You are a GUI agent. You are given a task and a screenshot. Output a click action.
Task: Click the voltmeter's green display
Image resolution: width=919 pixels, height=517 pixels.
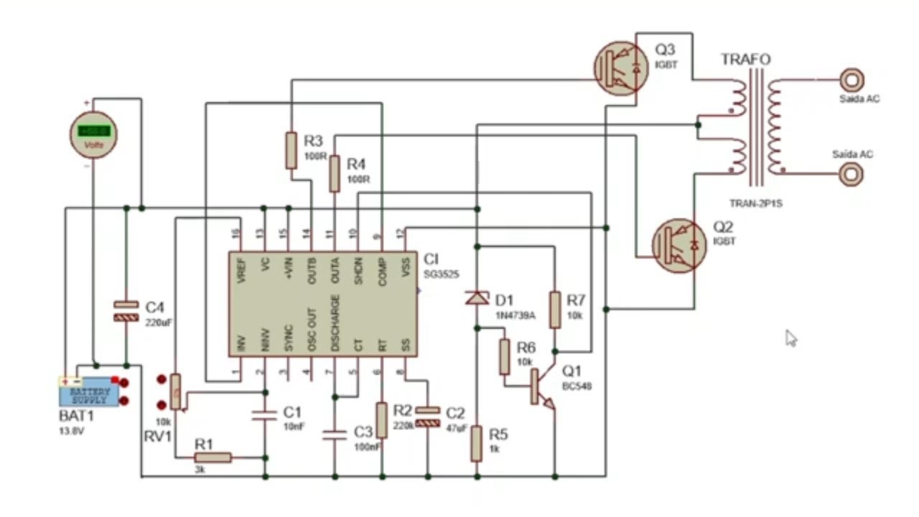(94, 131)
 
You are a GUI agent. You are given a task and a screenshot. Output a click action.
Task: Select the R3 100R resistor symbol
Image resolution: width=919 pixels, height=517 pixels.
(291, 150)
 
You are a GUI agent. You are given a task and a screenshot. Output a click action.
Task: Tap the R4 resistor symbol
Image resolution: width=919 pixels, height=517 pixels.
(334, 174)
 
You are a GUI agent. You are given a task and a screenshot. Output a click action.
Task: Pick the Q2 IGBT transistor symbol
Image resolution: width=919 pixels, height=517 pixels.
(678, 245)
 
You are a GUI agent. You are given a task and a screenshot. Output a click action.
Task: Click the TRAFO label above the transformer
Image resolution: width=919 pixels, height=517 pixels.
(745, 60)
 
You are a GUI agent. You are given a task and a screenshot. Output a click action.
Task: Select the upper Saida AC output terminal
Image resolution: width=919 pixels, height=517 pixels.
(852, 78)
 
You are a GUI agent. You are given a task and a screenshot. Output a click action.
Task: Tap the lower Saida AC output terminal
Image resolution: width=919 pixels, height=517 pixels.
(852, 173)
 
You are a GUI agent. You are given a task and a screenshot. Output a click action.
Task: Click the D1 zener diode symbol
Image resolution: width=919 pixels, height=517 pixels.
(477, 297)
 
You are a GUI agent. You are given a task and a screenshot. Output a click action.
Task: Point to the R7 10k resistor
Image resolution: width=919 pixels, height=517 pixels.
(555, 309)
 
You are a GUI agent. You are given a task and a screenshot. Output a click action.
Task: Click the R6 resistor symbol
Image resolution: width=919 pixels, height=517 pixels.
(504, 357)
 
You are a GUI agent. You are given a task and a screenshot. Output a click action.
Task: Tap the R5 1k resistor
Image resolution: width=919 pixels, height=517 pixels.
(477, 443)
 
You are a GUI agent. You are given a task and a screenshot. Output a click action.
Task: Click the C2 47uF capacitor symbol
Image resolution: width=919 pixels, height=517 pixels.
(428, 416)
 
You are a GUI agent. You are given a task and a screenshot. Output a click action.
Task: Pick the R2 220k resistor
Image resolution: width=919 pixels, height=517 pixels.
(381, 420)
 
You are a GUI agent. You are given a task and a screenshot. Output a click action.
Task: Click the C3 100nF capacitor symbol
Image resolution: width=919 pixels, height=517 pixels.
(335, 434)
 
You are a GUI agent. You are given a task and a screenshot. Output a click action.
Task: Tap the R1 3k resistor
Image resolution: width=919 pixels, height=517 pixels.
(213, 457)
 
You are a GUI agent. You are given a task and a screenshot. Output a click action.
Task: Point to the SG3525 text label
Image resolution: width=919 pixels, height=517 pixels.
(441, 274)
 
